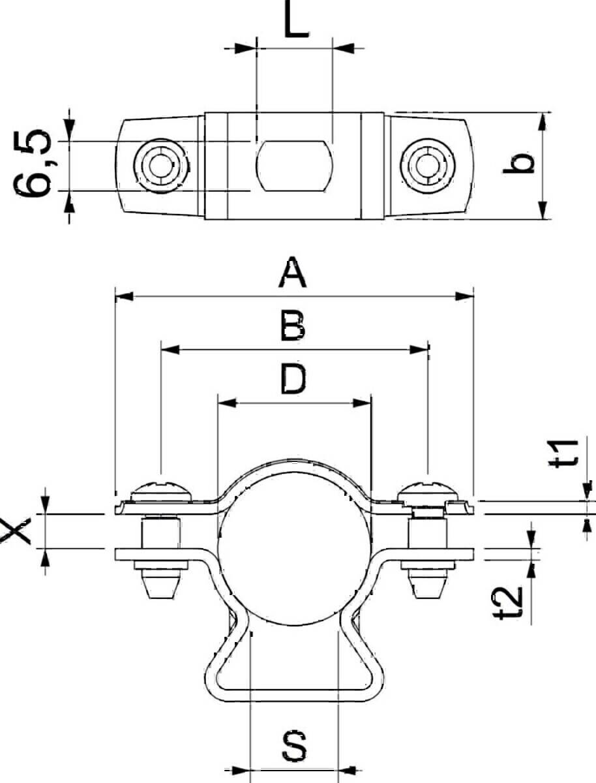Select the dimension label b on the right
520,164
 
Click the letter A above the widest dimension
293,274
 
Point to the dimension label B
293,326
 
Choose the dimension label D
293,380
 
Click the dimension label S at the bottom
295,746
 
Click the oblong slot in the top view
294,166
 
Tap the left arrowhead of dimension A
124,297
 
